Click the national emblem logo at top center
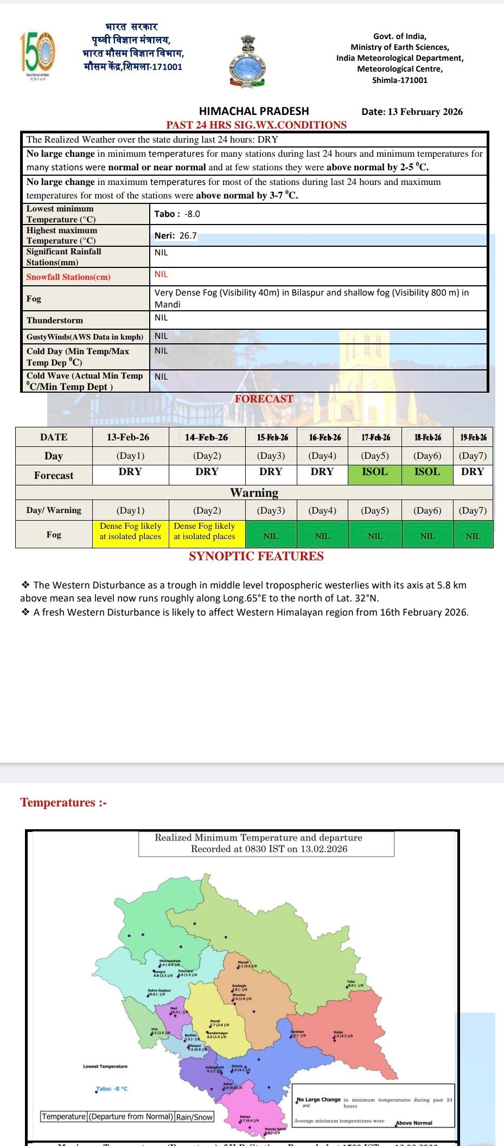247,61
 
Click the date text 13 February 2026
412,112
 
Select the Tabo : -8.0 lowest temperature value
177,214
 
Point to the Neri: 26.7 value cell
176,235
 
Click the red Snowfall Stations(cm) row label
68,277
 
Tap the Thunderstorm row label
55,320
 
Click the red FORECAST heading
264,399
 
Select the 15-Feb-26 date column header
272,437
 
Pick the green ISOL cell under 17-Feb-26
375,472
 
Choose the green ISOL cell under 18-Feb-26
427,472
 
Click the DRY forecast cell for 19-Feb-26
473,472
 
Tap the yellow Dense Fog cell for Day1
130,532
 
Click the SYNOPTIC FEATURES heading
256,556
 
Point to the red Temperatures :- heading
63,802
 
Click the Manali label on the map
243,962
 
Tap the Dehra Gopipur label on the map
159,990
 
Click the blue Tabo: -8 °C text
112,1089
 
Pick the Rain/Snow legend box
194,1117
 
